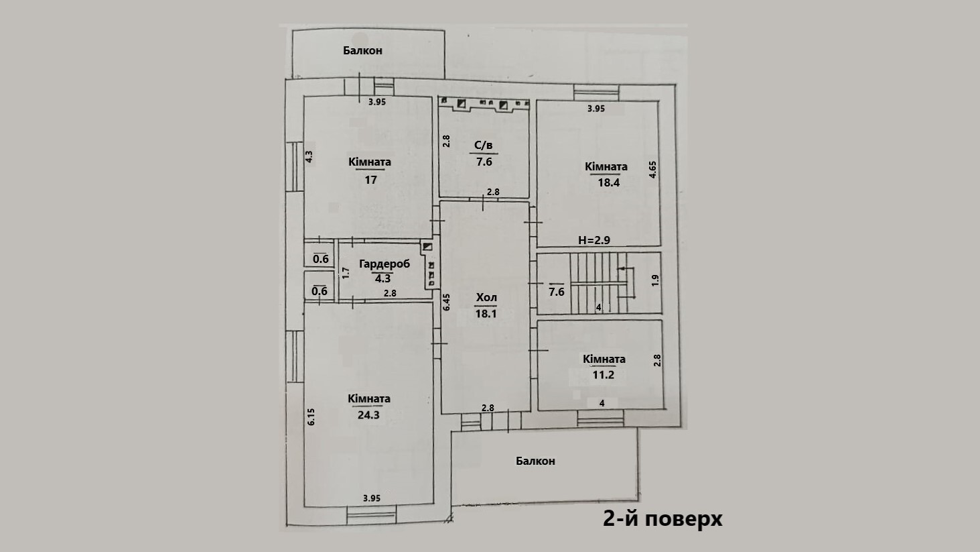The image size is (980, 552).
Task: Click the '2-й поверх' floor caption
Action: (x=662, y=518)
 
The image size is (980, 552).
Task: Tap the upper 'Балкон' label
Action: (x=362, y=50)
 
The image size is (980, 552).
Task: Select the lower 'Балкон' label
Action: (x=535, y=461)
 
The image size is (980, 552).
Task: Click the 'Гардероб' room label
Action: (x=384, y=264)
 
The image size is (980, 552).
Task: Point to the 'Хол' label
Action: (x=486, y=297)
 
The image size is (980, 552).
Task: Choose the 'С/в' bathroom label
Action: (x=484, y=145)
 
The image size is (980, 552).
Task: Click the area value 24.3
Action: (x=368, y=415)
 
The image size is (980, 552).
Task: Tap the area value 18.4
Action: (x=608, y=182)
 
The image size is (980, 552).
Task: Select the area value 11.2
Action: (x=603, y=375)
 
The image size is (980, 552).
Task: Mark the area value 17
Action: (x=370, y=179)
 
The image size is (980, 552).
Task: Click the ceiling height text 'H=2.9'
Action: (x=593, y=240)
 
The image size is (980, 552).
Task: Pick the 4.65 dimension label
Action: (x=652, y=168)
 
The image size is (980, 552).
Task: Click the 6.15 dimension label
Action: (x=311, y=417)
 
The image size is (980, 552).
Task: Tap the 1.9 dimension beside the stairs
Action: (x=655, y=280)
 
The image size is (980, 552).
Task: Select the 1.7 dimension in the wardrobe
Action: (x=346, y=273)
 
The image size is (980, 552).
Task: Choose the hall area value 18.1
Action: (x=486, y=313)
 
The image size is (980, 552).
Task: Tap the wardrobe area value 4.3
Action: (x=383, y=278)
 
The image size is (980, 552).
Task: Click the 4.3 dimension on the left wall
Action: (x=309, y=156)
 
